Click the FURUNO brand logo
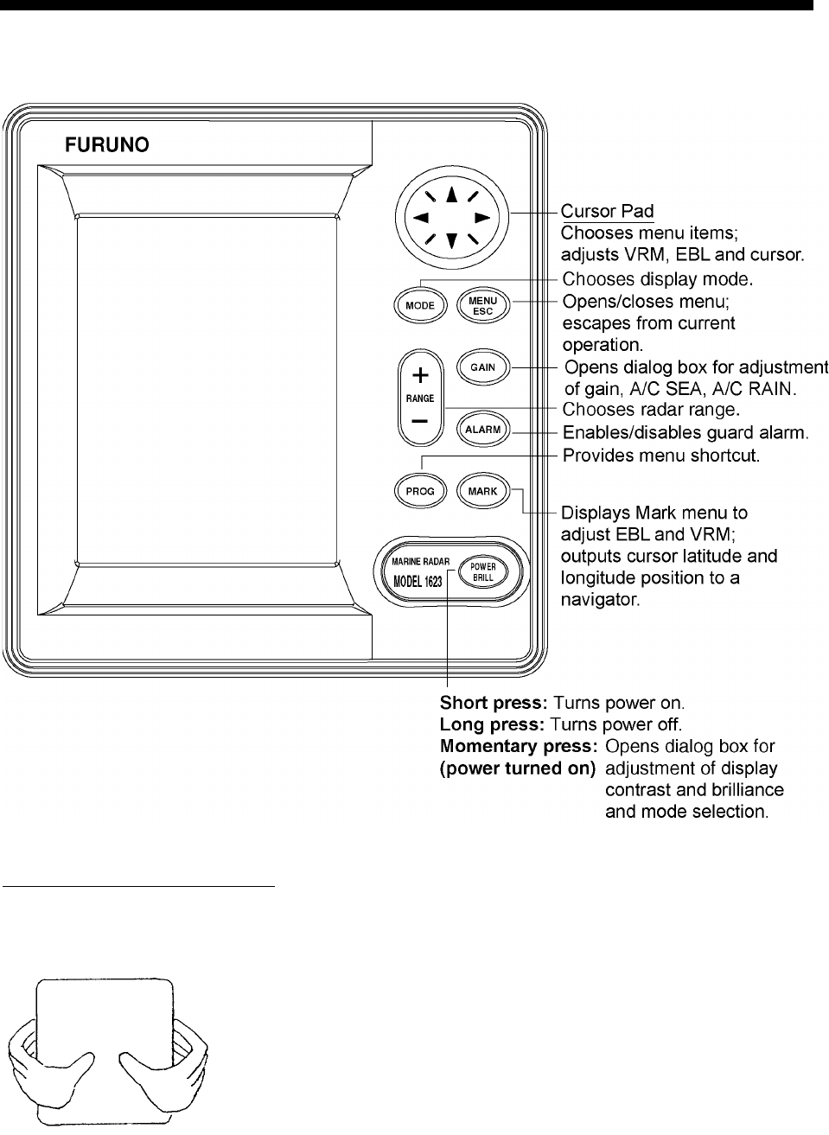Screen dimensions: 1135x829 [x=108, y=144]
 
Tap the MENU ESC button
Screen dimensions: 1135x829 [x=482, y=305]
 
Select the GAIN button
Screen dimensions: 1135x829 [x=482, y=367]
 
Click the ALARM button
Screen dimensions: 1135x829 [x=482, y=430]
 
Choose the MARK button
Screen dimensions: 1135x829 [x=482, y=491]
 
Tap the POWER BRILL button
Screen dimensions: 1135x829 [x=482, y=571]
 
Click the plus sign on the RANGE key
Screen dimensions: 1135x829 [x=419, y=375]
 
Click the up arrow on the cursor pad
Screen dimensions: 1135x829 [x=450, y=196]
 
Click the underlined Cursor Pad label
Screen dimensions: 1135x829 [x=607, y=211]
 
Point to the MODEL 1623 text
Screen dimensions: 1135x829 [x=418, y=581]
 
